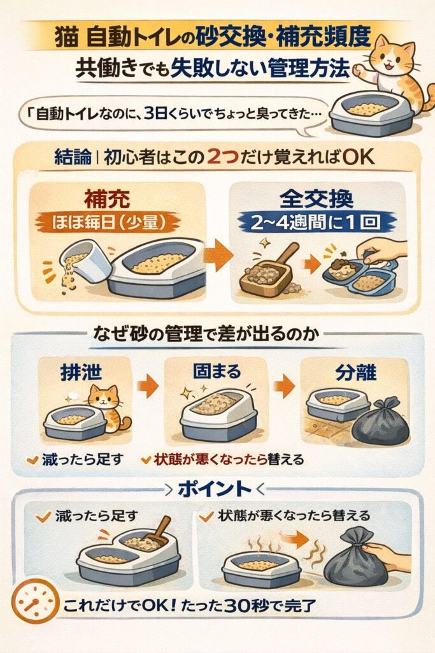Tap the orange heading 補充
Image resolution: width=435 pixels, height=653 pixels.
coord(107,199)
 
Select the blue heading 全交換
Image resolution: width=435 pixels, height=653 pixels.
coord(317,199)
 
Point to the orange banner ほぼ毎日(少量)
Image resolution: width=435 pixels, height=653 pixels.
coord(108,222)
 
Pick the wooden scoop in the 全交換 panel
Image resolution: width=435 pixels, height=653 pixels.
coord(270,270)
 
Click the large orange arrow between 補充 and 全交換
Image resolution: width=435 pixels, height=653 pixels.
coord(218,255)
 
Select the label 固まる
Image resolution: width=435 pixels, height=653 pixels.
coord(217,371)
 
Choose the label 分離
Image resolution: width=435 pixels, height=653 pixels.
coord(355,372)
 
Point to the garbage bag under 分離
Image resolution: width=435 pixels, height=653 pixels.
coord(380,422)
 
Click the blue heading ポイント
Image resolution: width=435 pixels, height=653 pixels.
coord(215,490)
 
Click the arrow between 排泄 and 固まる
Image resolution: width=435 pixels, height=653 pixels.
coord(147,386)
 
